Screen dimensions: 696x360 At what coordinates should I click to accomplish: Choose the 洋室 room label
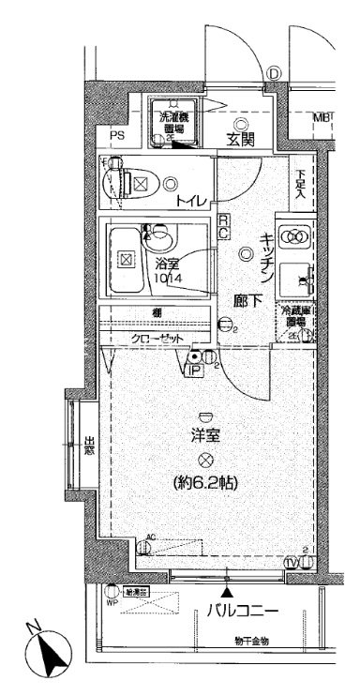click(204, 436)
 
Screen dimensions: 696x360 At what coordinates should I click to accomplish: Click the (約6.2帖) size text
click(203, 485)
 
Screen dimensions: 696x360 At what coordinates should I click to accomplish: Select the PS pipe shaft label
click(116, 136)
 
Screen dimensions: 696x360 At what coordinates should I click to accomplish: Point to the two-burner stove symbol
click(295, 236)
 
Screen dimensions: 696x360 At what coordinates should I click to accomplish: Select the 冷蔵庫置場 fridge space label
click(295, 315)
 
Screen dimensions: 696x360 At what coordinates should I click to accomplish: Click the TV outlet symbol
click(292, 561)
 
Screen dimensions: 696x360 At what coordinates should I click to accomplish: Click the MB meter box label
click(321, 117)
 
